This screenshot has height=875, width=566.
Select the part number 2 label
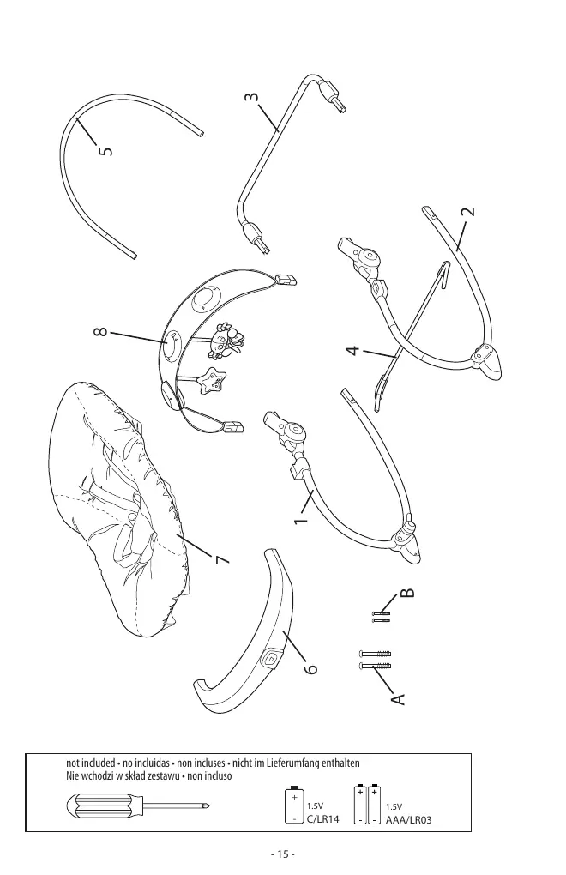468,212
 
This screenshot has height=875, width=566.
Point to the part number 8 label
101,331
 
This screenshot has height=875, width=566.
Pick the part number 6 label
311,668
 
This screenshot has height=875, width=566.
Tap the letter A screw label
398,698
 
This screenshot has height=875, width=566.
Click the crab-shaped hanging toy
225,340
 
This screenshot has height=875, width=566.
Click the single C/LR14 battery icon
294,805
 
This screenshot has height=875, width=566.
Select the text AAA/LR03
408,820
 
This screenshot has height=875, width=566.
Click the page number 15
283,854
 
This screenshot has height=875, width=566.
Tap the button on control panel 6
271,657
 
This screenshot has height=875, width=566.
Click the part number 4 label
352,351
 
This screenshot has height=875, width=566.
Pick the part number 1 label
301,520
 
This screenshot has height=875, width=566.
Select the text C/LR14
322,819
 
